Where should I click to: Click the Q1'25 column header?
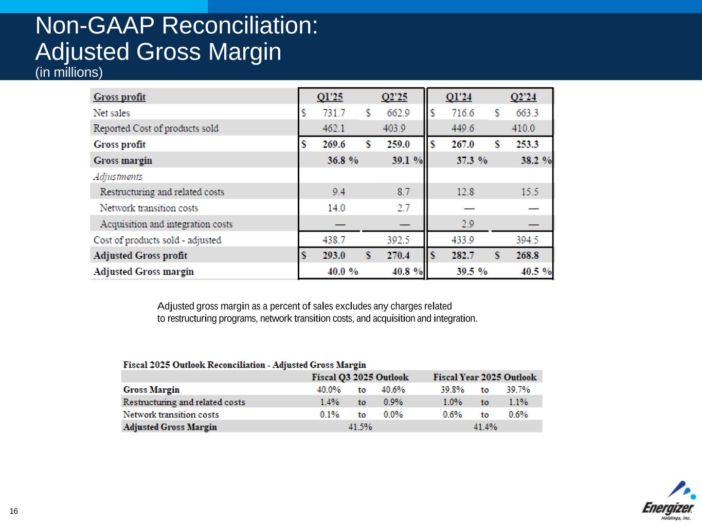point(330,97)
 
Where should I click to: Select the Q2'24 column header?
point(523,97)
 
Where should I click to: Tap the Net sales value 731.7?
point(334,113)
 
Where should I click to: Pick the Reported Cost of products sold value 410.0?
point(523,128)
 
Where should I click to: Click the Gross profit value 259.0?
point(398,144)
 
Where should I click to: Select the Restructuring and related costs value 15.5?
point(530,192)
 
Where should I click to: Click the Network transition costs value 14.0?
point(336,208)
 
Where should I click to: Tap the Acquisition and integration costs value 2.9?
point(467,224)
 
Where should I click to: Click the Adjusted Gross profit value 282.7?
point(463,256)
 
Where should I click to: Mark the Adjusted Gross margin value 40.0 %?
point(343,272)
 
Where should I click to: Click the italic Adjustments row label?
point(118,177)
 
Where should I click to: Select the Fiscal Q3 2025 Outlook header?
point(360,377)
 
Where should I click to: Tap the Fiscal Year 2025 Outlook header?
point(484,377)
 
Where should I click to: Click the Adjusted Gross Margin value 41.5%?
point(360,427)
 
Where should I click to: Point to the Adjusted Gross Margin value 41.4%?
point(485,427)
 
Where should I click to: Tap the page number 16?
point(13,511)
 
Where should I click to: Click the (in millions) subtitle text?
point(69,72)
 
